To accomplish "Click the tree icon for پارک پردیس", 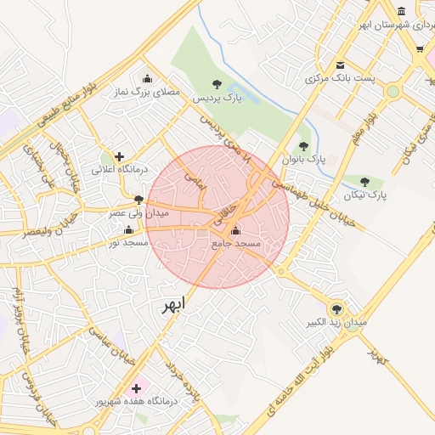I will (217, 83).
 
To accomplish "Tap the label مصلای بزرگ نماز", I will (143, 93).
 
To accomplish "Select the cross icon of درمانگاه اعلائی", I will (120, 156).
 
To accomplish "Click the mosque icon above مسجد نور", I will (128, 229).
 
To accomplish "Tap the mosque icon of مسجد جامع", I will (235, 230).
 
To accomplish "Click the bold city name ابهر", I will (172, 306).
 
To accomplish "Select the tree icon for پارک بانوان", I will (303, 146).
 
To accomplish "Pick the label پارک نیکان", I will (365, 195).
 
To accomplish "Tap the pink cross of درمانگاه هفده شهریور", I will (136, 387).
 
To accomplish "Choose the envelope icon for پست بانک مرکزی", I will (340, 65).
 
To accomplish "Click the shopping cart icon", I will (419, 50).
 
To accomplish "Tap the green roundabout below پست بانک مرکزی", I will (393, 92).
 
